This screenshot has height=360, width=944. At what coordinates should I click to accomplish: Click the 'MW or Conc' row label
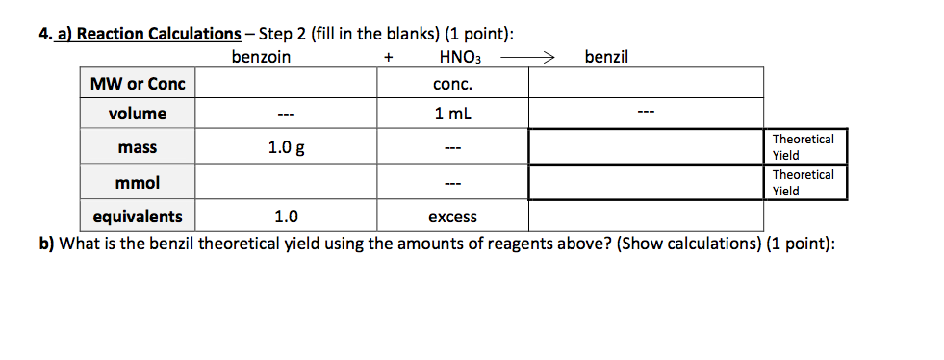tap(138, 84)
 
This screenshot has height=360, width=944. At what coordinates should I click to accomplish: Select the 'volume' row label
tap(138, 114)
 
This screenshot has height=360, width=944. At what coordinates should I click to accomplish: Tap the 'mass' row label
tap(138, 148)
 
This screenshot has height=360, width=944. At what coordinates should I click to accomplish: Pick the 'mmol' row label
tap(138, 182)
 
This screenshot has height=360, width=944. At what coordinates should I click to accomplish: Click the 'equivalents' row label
tap(138, 217)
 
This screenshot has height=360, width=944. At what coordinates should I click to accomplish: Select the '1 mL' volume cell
tap(452, 114)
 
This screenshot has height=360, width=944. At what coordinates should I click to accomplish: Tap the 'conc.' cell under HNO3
tap(452, 84)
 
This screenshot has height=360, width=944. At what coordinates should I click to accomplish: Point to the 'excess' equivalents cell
tap(452, 217)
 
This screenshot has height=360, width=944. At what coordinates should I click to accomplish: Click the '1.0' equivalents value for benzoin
tap(286, 217)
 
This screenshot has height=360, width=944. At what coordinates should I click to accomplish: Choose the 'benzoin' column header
tap(262, 57)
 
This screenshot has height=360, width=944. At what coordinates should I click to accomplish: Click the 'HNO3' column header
tap(459, 58)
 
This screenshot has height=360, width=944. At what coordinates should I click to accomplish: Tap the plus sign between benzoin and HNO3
tap(388, 58)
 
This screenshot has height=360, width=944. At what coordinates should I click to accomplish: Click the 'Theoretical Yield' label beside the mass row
tap(804, 147)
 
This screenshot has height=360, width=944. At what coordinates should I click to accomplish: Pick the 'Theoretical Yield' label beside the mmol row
tap(804, 182)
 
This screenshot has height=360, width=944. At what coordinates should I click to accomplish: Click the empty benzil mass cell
tap(646, 148)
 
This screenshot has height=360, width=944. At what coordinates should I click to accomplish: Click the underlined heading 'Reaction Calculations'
tap(159, 35)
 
